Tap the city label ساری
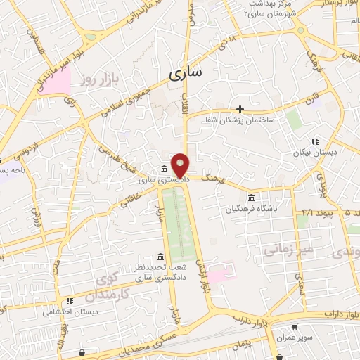pos(185,72)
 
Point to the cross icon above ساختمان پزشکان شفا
pos(240,109)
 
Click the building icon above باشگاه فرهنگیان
pos(252,196)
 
